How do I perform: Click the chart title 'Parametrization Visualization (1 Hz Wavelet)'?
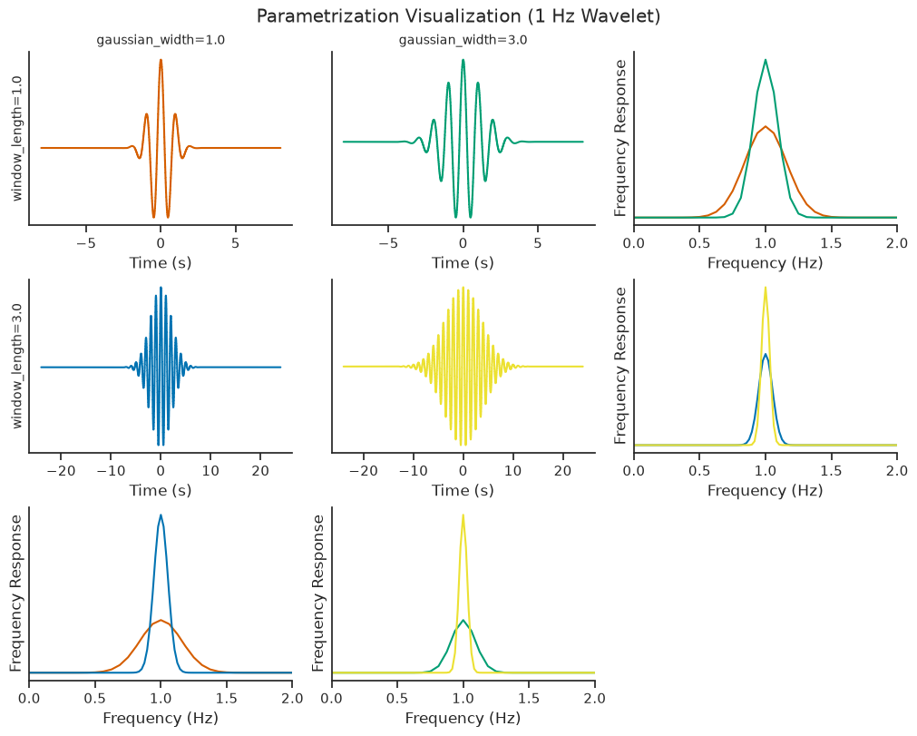coord(459,15)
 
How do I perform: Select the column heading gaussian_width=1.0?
coord(161,40)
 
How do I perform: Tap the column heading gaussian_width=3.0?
coord(463,40)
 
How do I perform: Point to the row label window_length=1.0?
coord(17,138)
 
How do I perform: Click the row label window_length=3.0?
coord(17,366)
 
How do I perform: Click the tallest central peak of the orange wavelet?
coord(161,60)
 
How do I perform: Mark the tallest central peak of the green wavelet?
coord(463,60)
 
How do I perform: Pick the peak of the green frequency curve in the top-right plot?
coord(765,60)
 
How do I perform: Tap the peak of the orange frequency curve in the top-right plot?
coord(765,126)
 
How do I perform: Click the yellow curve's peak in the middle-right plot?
coord(765,288)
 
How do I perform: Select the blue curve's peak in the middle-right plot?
coord(765,354)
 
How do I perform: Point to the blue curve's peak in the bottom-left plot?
coord(161,515)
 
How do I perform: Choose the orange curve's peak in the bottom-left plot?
coord(161,620)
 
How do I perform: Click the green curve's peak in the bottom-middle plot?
coord(463,620)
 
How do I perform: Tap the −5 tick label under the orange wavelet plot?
coord(86,243)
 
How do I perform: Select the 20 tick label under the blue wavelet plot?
coord(260,470)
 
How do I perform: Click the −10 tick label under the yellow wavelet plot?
coord(414,470)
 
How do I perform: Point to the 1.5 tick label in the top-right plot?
coord(831,243)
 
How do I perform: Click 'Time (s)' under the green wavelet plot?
coord(463,262)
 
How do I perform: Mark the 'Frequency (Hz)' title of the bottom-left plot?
coord(161,718)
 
